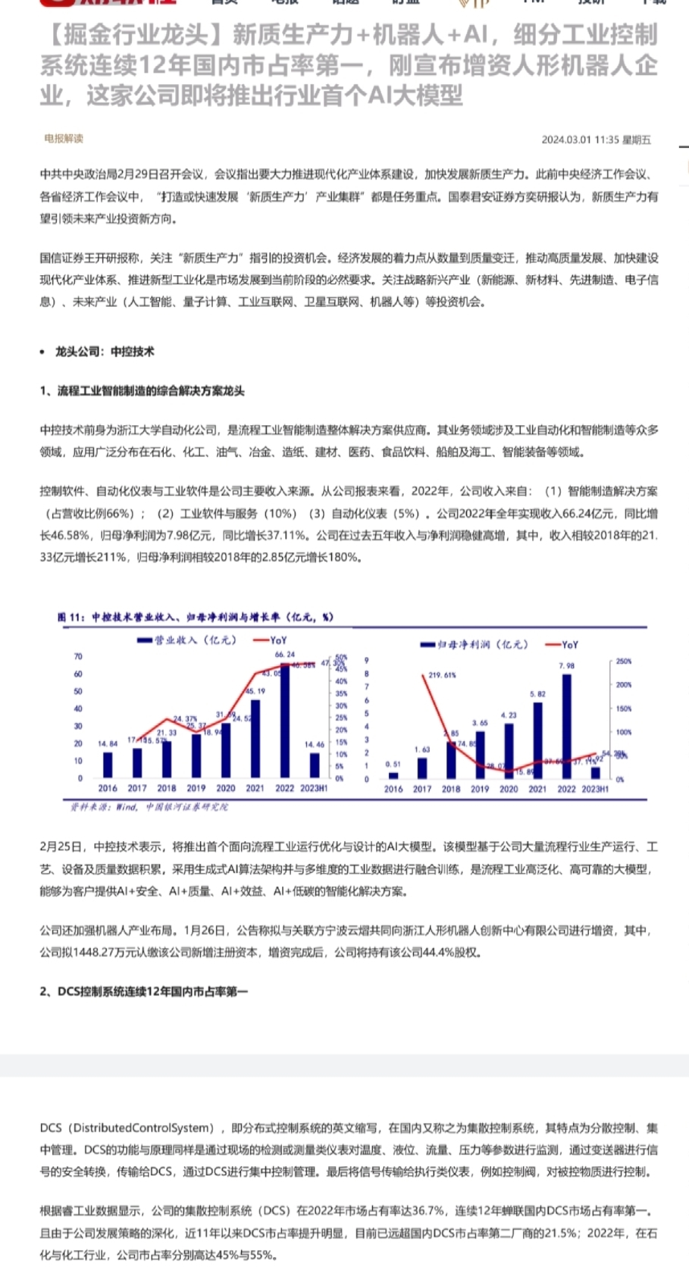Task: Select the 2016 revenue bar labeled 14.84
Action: click(x=108, y=765)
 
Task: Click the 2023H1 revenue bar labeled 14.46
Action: click(x=315, y=765)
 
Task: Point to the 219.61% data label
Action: click(x=442, y=674)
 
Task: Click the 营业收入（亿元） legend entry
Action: click(x=186, y=640)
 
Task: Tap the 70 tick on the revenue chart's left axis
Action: click(x=78, y=656)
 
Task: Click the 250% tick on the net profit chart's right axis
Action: click(x=623, y=661)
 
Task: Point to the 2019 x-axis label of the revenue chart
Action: click(x=196, y=788)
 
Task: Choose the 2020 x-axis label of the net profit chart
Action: click(x=509, y=789)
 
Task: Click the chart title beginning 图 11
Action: click(x=195, y=617)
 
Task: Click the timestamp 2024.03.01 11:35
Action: click(x=580, y=139)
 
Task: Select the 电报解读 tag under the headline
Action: click(x=64, y=139)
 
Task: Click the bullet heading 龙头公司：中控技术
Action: click(x=105, y=352)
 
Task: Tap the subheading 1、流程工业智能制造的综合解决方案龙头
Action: click(x=142, y=391)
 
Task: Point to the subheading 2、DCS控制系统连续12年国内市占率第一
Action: click(x=144, y=991)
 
